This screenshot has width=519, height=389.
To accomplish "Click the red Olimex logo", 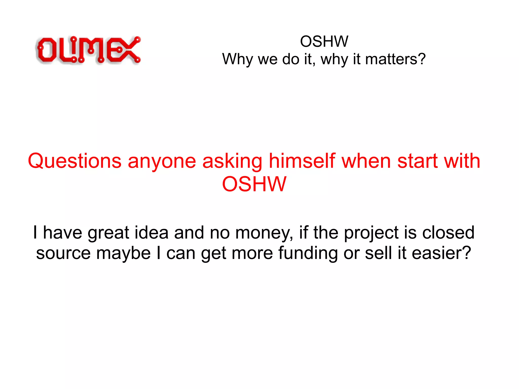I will pos(88,50).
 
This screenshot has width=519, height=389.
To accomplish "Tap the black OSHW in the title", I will pos(324,41).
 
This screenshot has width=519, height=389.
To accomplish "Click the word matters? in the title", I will pos(395,59).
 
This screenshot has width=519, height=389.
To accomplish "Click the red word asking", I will pos(232,161).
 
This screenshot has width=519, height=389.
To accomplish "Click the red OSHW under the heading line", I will pos(254,184).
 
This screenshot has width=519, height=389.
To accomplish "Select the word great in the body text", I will pos(108,233).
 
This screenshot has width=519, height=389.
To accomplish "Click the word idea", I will pos(151,232).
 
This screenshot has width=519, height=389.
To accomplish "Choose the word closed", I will pos(448,232).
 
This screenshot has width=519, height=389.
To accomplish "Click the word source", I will pos(63,253).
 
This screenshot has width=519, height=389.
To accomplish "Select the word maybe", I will pos(123,253).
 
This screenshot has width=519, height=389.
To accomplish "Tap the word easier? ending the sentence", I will pos(441,253).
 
